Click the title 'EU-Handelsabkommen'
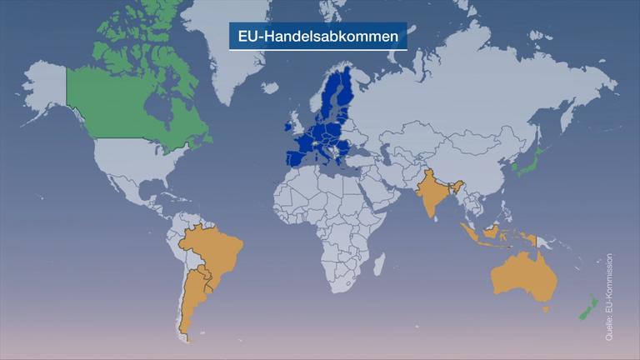(x=318, y=37)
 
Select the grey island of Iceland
(x=269, y=86)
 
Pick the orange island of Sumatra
(x=472, y=232)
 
